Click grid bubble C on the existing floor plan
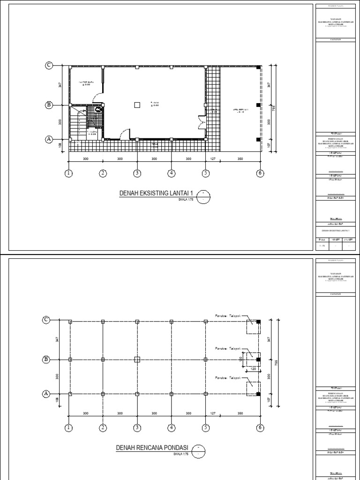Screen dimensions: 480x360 [48, 66]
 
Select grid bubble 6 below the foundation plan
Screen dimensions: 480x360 [259, 427]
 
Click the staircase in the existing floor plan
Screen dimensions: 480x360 [78, 123]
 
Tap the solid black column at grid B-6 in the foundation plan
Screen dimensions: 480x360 [258, 360]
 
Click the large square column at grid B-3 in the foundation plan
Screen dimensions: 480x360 [137, 360]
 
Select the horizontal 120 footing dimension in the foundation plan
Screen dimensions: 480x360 [254, 369]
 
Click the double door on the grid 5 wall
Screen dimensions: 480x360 [202, 122]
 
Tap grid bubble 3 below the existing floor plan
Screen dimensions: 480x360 [137, 173]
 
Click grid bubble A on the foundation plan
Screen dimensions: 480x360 [46, 393]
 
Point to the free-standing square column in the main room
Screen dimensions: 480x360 [137, 105]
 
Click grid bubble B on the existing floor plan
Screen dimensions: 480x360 [48, 105]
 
